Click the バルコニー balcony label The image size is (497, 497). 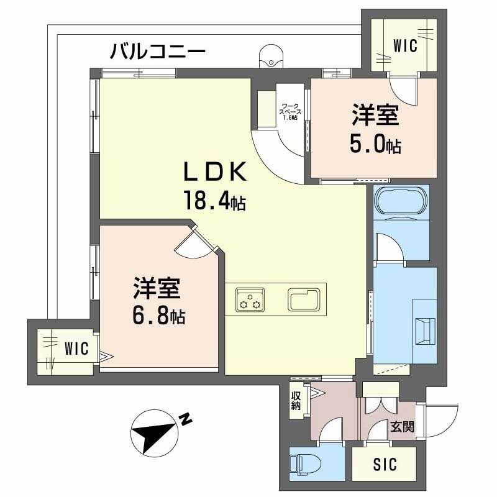[x=157, y=52]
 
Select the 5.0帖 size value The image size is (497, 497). [x=375, y=145]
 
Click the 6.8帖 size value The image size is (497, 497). [x=158, y=317]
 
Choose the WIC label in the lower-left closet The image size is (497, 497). [x=76, y=347]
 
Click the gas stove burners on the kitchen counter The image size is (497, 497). [x=250, y=299]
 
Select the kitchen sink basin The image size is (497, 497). [x=304, y=299]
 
